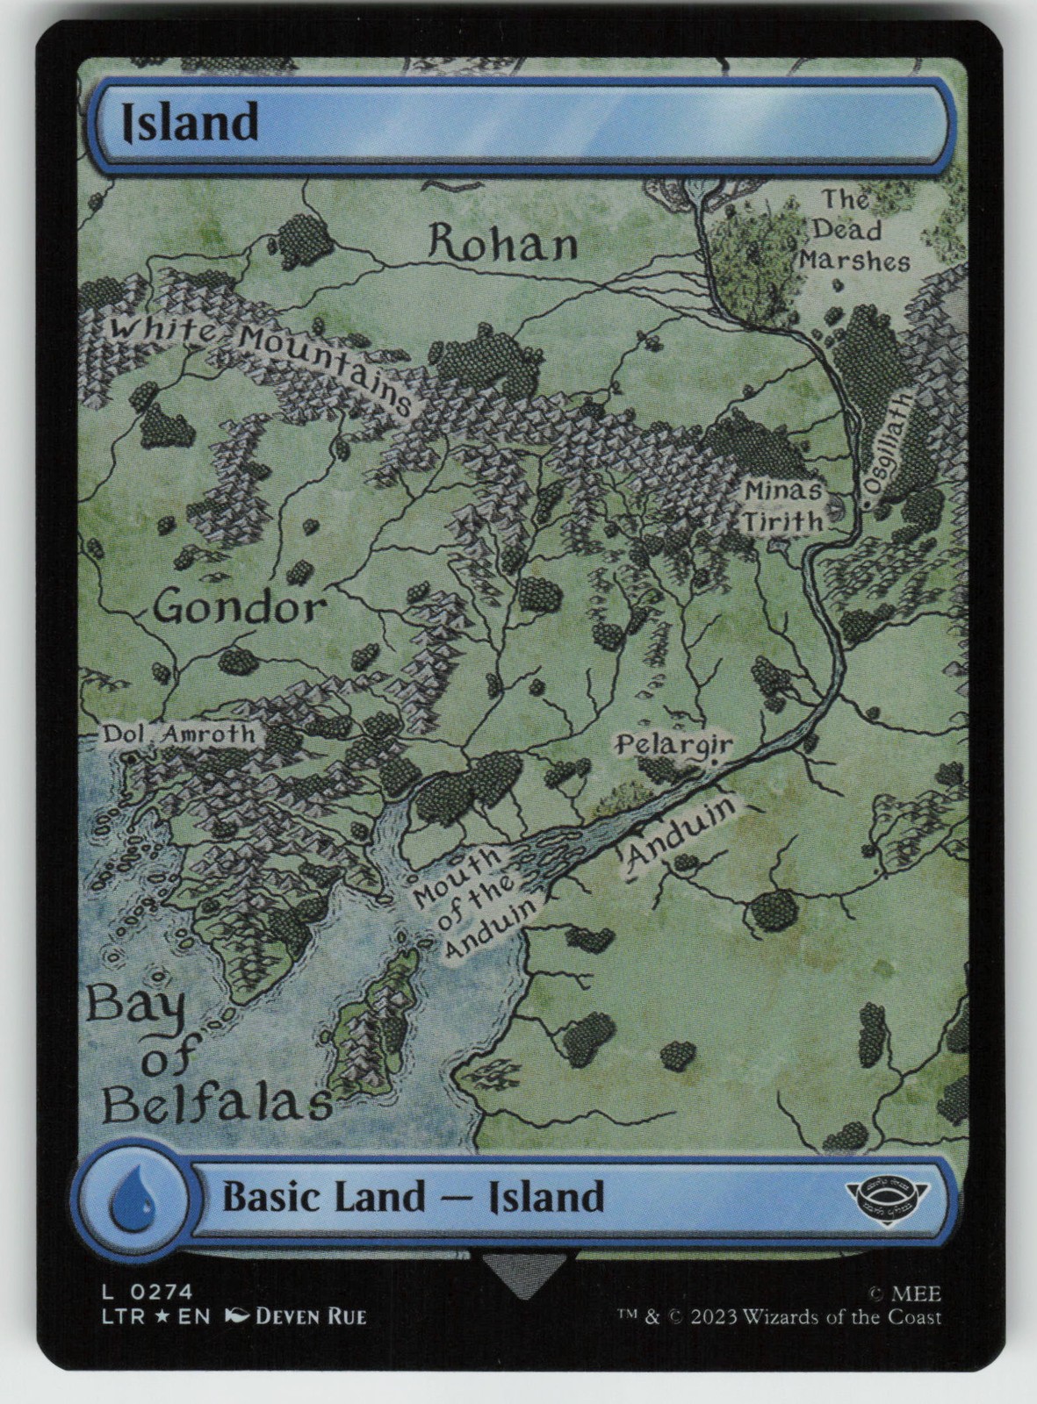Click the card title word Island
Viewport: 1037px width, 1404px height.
coord(190,122)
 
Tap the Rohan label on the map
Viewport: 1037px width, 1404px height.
coord(502,243)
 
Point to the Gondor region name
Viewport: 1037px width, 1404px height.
coord(239,606)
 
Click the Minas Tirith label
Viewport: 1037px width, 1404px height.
coord(783,506)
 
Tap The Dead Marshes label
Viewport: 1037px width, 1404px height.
coord(852,231)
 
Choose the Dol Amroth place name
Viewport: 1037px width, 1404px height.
coord(179,734)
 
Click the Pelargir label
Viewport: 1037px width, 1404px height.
coord(673,744)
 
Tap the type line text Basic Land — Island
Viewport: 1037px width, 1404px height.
coord(413,1197)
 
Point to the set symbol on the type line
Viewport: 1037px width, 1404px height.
coord(887,1196)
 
